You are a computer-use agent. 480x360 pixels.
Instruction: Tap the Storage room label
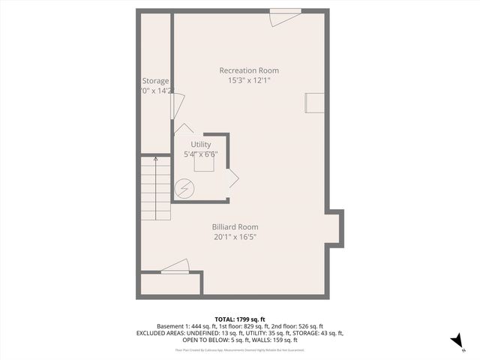click(156, 81)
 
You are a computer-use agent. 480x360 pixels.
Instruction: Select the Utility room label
click(201, 144)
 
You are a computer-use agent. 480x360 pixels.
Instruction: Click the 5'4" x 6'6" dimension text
click(201, 154)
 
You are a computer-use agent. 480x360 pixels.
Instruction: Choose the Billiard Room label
click(235, 227)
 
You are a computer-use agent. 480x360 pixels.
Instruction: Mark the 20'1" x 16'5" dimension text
click(235, 237)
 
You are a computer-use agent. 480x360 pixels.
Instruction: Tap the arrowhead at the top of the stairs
click(156, 158)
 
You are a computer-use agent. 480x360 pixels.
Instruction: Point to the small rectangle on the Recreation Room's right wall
click(314, 104)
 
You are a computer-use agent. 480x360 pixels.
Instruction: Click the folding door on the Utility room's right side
click(233, 179)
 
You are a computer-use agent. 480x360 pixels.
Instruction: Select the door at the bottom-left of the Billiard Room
click(175, 266)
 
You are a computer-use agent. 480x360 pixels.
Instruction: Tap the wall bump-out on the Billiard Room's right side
click(335, 228)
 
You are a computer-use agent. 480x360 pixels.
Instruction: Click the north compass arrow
click(455, 341)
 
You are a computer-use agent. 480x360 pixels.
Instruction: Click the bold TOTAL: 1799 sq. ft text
click(240, 319)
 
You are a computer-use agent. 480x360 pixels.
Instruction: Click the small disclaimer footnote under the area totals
click(240, 349)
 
